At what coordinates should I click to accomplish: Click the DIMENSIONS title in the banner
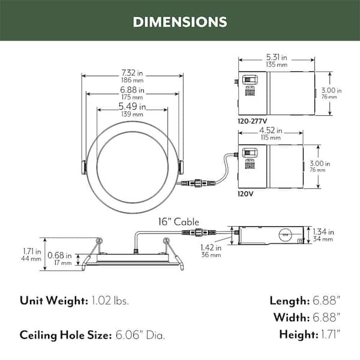(180, 22)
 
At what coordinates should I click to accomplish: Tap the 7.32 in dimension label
(132, 73)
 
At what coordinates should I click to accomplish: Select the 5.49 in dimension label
(132, 106)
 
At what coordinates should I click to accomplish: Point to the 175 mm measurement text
(132, 97)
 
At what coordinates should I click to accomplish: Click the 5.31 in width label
(277, 57)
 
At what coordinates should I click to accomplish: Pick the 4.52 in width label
(271, 130)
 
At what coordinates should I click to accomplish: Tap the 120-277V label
(253, 121)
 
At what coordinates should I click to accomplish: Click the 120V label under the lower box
(245, 194)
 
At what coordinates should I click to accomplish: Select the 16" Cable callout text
(179, 222)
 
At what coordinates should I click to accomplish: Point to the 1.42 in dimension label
(211, 248)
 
